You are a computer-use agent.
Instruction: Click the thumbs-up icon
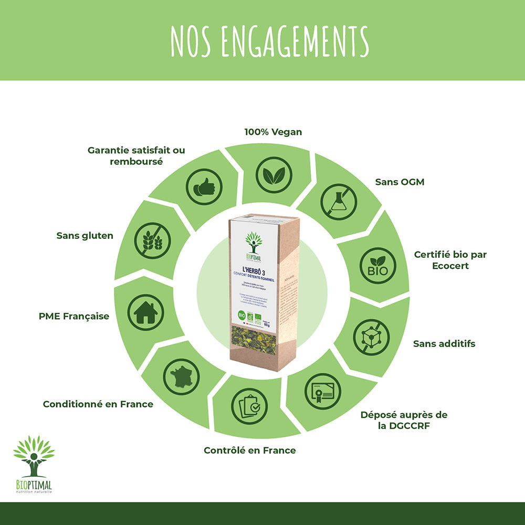[204, 186]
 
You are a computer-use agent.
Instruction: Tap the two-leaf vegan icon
[274, 174]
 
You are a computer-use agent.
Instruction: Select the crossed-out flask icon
[339, 202]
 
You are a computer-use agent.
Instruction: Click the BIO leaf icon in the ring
[377, 266]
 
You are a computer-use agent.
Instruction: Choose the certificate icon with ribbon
[322, 391]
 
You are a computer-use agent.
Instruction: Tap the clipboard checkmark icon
[249, 406]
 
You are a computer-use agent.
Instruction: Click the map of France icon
[181, 376]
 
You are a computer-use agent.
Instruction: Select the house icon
[145, 312]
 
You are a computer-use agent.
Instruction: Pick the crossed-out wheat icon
[153, 240]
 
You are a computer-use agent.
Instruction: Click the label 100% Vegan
[273, 132]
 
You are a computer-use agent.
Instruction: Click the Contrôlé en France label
[249, 450]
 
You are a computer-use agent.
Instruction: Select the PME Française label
[74, 316]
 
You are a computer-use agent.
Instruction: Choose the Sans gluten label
[85, 236]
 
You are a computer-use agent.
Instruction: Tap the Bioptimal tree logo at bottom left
[34, 457]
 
